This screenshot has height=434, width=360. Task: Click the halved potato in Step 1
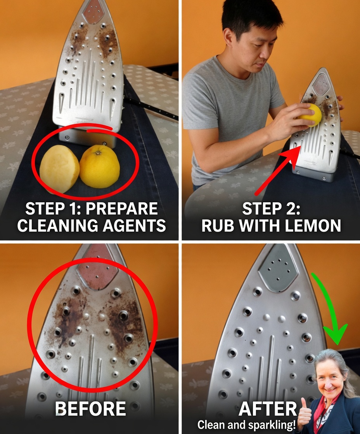click(x=59, y=169)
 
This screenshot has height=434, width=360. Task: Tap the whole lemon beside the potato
click(x=100, y=166)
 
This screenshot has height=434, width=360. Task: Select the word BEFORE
click(x=90, y=409)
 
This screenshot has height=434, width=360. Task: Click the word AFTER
click(x=267, y=409)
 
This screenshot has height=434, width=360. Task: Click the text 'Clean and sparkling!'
click(x=246, y=425)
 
